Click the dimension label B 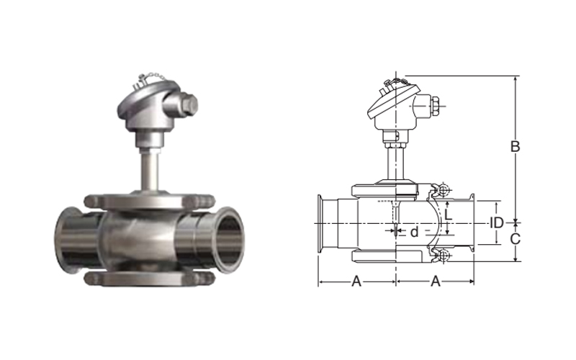516,147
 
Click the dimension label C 516,239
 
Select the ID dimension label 497,222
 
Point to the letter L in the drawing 448,215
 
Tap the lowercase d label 415,232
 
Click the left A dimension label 356,282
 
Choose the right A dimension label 436,282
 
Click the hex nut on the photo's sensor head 189,104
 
